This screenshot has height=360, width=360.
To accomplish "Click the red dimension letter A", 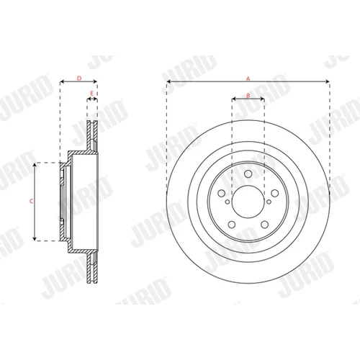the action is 248,78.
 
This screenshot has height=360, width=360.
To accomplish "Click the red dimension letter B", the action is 248,96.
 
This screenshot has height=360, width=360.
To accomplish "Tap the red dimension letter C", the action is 31,201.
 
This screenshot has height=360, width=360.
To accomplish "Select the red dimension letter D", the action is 79,78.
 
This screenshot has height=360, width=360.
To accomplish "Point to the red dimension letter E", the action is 91,94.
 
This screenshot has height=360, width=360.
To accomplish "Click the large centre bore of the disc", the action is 248,202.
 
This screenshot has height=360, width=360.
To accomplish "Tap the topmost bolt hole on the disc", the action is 248,174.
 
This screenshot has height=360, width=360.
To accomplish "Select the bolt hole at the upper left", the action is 221,193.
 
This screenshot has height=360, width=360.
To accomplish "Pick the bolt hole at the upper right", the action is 275,193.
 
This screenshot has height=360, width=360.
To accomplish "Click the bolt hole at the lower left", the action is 232,225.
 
